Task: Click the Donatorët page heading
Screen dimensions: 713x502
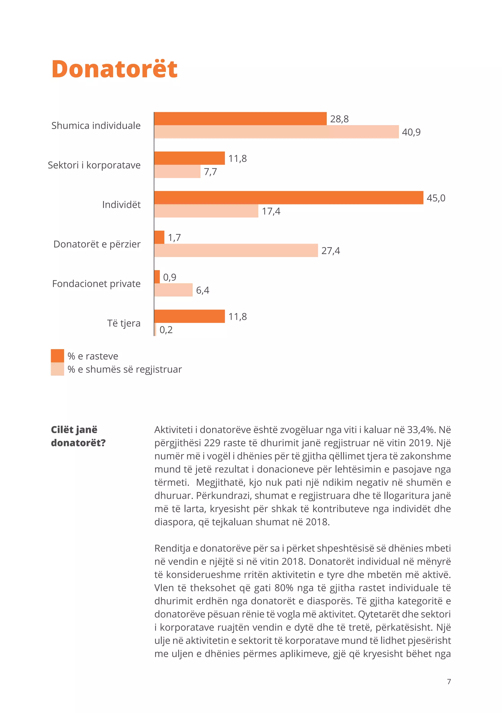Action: click(114, 69)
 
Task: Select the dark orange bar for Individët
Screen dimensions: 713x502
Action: click(289, 198)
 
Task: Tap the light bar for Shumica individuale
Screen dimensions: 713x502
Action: click(276, 132)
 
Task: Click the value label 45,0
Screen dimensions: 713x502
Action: click(436, 198)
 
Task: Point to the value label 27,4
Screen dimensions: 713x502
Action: click(330, 251)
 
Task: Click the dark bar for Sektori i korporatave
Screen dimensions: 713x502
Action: click(189, 158)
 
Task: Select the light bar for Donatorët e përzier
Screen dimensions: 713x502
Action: click(236, 250)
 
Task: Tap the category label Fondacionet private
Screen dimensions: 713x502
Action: click(96, 284)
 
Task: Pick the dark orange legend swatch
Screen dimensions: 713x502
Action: click(57, 356)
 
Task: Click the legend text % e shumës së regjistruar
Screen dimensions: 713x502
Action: click(125, 369)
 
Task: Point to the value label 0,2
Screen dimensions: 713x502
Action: click(166, 330)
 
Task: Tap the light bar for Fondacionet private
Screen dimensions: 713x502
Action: click(173, 290)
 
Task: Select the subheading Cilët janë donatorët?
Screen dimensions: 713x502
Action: click(78, 436)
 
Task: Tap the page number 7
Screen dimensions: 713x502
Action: click(449, 681)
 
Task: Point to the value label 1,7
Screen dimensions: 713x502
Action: click(174, 238)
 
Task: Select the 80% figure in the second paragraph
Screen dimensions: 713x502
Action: click(284, 588)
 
